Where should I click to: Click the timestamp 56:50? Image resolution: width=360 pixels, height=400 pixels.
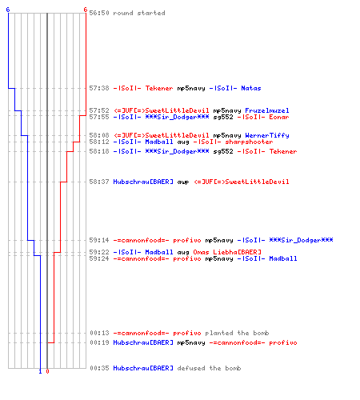pyautogui.click(x=99, y=13)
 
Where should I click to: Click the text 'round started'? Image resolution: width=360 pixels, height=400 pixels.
pyautogui.click(x=139, y=13)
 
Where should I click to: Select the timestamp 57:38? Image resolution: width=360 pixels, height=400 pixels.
pyautogui.click(x=99, y=88)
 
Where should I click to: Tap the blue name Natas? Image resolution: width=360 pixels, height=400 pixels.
pyautogui.click(x=251, y=88)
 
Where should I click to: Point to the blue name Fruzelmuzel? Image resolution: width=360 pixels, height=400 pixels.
pyautogui.click(x=267, y=110)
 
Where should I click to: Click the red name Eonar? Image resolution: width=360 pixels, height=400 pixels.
pyautogui.click(x=279, y=117)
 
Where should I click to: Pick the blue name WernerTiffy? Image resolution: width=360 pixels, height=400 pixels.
pyautogui.click(x=267, y=135)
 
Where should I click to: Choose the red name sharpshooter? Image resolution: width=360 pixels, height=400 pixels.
pyautogui.click(x=249, y=142)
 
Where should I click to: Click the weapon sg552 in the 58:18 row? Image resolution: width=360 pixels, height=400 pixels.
pyautogui.click(x=223, y=151)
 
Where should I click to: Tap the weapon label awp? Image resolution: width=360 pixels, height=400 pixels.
pyautogui.click(x=183, y=182)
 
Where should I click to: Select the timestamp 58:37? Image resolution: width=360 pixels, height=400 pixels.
pyautogui.click(x=99, y=182)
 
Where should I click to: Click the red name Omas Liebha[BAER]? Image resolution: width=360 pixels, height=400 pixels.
pyautogui.click(x=227, y=252)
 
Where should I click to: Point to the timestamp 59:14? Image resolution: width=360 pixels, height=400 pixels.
pyautogui.click(x=99, y=240)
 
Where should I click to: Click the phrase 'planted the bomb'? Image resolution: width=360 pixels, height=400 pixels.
pyautogui.click(x=237, y=333)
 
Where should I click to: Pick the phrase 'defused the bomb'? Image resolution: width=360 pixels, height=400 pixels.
pyautogui.click(x=209, y=368)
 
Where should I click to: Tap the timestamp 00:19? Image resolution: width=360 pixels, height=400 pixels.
pyautogui.click(x=99, y=342)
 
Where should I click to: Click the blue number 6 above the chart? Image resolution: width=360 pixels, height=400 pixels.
pyautogui.click(x=8, y=10)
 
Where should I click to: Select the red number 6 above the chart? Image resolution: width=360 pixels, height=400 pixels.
pyautogui.click(x=86, y=10)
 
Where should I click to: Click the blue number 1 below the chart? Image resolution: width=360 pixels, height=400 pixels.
pyautogui.click(x=40, y=371)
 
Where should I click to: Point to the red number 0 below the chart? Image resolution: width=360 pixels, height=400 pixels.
pyautogui.click(x=47, y=371)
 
